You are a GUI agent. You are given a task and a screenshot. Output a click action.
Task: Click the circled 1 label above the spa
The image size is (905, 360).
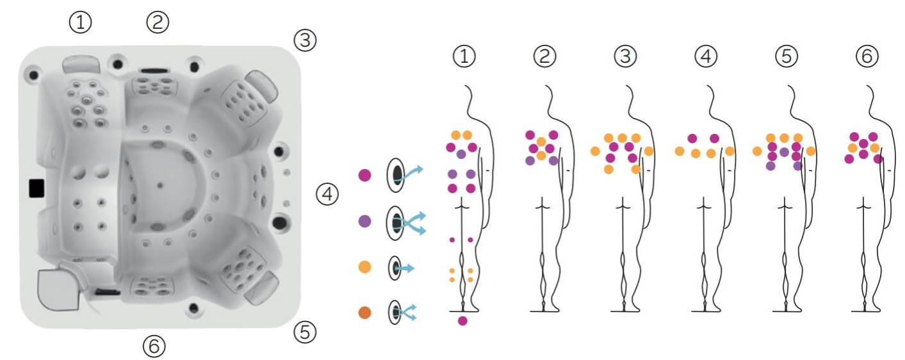81,22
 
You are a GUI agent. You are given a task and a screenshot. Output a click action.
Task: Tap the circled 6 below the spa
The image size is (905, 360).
154,347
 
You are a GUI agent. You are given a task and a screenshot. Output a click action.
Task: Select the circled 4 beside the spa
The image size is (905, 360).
327,194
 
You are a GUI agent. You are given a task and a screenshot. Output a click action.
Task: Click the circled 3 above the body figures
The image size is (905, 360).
625,56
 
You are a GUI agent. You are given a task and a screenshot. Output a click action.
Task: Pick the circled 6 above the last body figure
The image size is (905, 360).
867,56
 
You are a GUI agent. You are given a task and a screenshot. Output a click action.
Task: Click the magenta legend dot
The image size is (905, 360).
365,176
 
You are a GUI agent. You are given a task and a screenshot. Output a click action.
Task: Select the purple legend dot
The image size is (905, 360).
365,222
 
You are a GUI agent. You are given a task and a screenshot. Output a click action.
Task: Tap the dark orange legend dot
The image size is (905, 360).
365,313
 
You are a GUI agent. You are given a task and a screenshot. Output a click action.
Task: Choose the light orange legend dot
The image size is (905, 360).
365,267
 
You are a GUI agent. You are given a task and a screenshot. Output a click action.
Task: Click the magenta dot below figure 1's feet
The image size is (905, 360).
462,321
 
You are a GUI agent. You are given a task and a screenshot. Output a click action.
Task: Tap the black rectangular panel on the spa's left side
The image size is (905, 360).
37,188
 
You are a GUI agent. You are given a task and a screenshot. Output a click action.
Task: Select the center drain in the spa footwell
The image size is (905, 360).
160,186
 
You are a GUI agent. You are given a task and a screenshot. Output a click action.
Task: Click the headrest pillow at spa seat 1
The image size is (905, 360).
81,65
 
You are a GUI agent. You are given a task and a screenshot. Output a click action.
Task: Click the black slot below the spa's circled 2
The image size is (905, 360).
154,70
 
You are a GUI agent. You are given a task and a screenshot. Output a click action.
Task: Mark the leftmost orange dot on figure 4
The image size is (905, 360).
680,152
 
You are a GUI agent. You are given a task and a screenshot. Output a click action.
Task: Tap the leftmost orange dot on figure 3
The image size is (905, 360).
595,152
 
